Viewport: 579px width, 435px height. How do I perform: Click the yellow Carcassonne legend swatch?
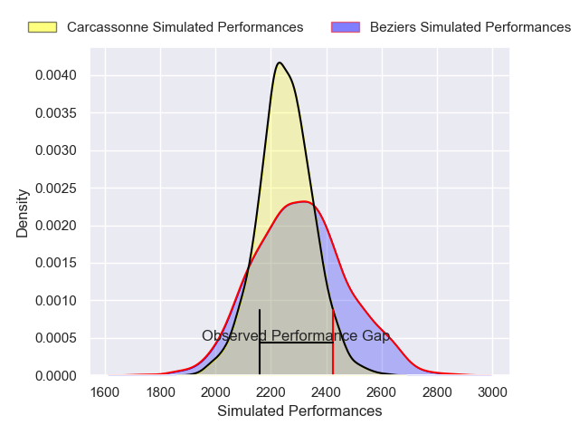click(x=43, y=27)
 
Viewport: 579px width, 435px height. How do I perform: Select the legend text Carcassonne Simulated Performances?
click(x=185, y=27)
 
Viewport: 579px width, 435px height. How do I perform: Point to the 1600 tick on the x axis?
click(x=106, y=392)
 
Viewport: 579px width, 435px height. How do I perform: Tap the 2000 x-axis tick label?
click(x=216, y=392)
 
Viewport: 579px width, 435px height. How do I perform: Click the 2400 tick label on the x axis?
click(x=327, y=392)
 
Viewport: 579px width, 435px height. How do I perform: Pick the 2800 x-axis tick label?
click(x=437, y=392)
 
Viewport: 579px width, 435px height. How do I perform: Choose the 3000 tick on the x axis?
click(x=492, y=392)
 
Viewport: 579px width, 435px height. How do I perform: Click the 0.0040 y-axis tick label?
click(x=56, y=74)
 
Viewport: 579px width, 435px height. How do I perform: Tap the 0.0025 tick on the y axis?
click(x=56, y=188)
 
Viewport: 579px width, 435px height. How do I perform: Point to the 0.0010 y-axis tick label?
click(x=56, y=300)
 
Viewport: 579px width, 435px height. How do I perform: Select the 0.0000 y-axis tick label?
click(x=56, y=375)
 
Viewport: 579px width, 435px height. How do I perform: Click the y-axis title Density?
click(x=23, y=212)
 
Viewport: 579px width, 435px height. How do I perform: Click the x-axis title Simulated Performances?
click(x=299, y=411)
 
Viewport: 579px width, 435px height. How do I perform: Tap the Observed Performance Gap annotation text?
click(x=296, y=336)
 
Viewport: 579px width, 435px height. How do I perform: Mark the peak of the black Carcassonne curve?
click(x=280, y=63)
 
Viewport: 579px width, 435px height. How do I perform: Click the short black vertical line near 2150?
click(x=260, y=326)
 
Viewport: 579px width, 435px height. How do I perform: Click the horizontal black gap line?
click(x=296, y=343)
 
